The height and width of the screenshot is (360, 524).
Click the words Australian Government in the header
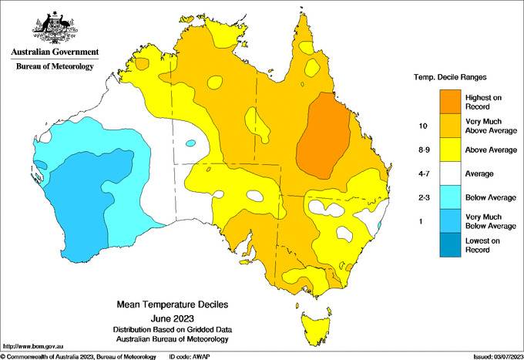(55, 53)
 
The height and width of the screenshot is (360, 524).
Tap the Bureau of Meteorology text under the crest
(55, 67)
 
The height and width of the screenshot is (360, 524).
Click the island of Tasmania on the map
(317, 318)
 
